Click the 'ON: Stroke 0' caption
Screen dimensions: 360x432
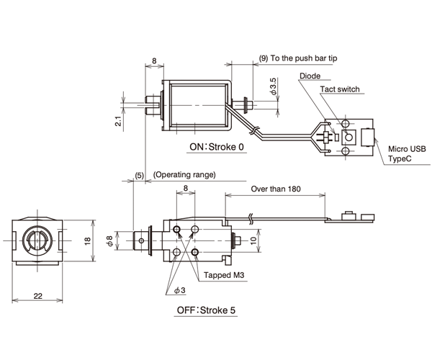point(217,147)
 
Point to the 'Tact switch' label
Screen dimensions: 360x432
point(340,90)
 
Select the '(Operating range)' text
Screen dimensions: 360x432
point(184,175)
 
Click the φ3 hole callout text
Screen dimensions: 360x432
point(179,290)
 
